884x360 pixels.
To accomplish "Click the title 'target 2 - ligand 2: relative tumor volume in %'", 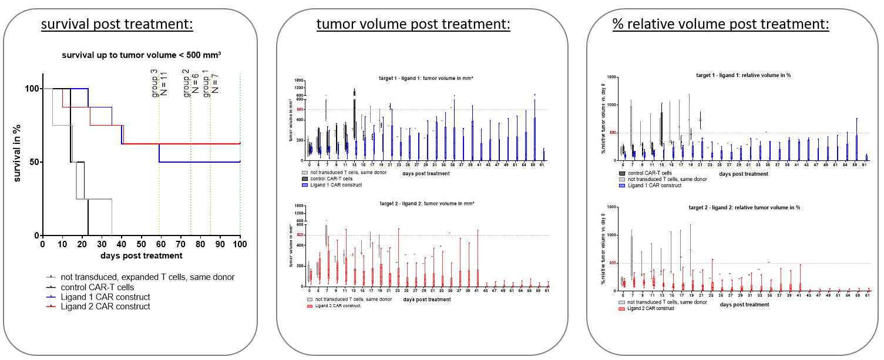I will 736,208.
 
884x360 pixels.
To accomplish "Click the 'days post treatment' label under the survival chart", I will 141,255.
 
